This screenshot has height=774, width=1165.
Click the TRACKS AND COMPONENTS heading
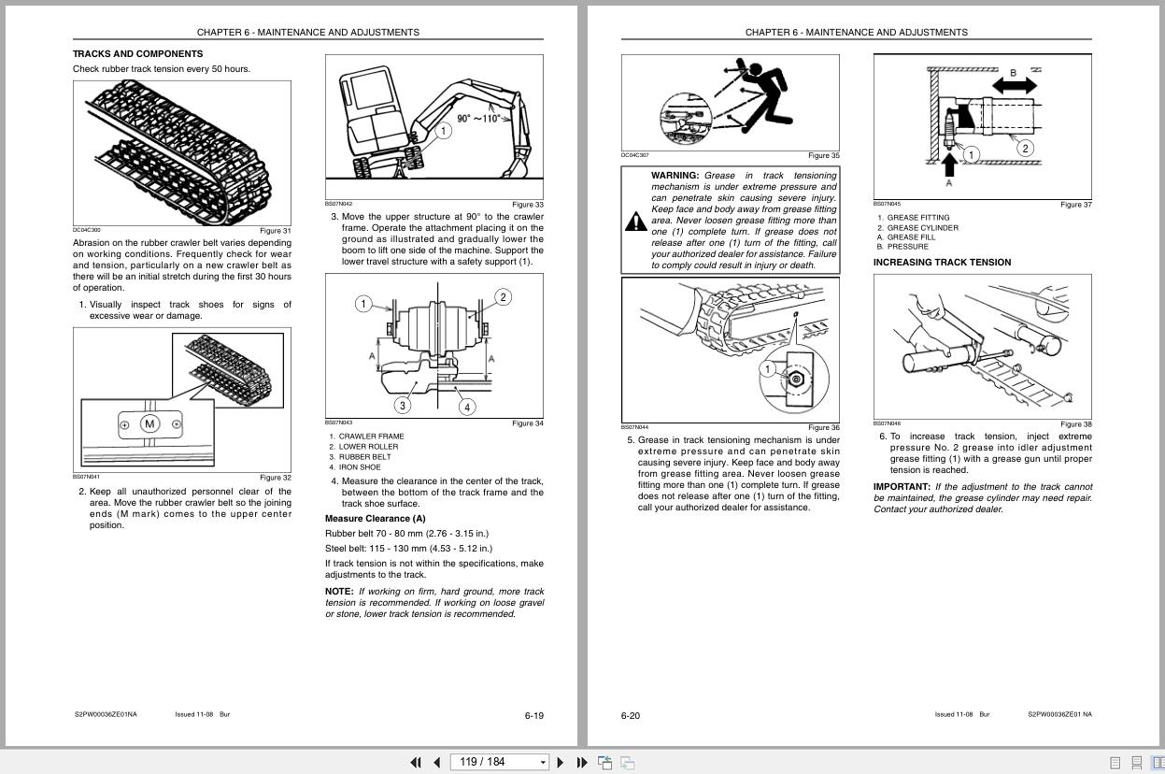click(137, 54)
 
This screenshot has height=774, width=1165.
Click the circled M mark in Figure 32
click(149, 424)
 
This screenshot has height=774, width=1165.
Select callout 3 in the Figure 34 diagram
click(403, 405)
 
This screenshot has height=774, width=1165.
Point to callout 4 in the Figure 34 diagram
click(466, 407)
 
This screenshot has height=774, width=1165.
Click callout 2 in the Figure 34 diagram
click(503, 297)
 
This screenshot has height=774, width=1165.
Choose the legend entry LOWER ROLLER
click(368, 447)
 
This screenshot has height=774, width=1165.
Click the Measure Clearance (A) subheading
click(375, 519)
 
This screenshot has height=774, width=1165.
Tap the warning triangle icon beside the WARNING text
click(636, 222)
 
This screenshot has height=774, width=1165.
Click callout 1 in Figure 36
click(767, 369)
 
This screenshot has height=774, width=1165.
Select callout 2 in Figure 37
click(1025, 148)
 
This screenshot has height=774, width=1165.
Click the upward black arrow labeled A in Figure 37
click(950, 165)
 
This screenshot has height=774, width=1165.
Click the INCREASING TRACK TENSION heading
click(942, 263)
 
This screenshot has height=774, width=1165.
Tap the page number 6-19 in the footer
click(533, 716)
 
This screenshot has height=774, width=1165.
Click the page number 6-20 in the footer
click(631, 716)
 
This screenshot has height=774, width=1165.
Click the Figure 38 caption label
click(1075, 424)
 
